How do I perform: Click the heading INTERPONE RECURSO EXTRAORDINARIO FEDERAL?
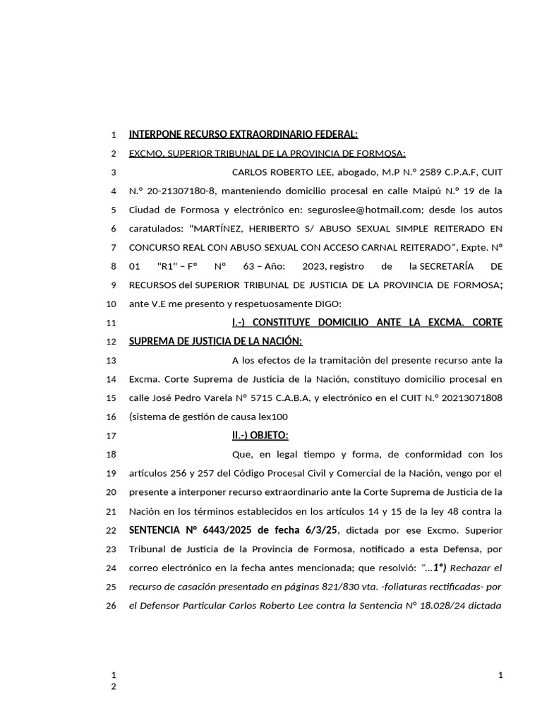pos(243,134)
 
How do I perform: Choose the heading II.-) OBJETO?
pos(260,435)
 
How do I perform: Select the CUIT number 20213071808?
pos(469,398)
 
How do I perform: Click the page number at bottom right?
pos(500,675)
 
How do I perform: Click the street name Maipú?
pos(423,191)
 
